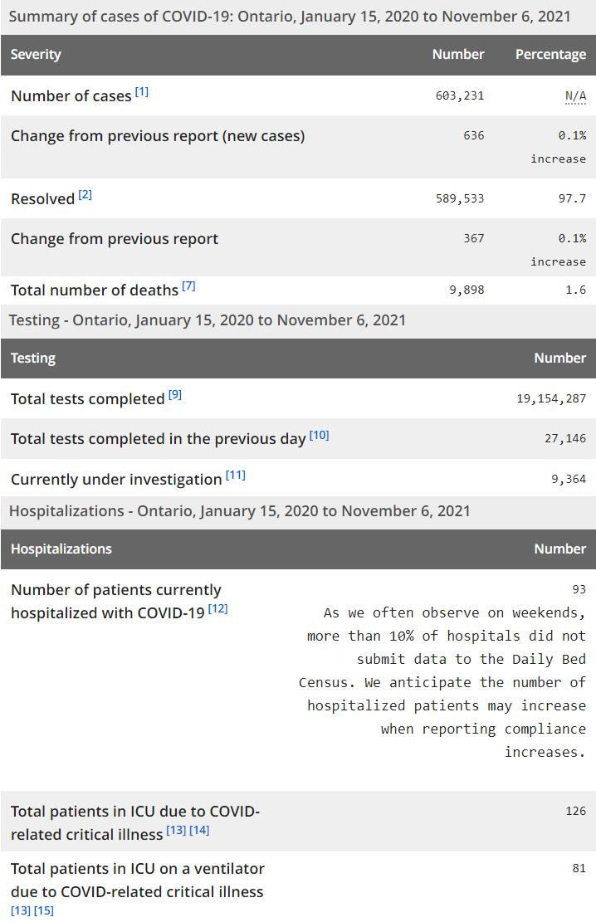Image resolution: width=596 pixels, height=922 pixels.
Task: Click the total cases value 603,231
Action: (x=459, y=95)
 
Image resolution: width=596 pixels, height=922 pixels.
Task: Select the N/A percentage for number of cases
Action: (x=575, y=95)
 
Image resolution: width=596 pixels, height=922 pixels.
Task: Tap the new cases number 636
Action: (x=473, y=135)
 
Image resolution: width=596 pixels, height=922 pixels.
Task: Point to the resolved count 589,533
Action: (x=459, y=198)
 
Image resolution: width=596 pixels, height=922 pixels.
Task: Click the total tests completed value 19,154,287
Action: (x=551, y=398)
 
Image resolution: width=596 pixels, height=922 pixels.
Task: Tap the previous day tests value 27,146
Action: (x=564, y=438)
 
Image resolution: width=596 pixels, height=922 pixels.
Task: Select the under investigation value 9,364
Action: (x=568, y=479)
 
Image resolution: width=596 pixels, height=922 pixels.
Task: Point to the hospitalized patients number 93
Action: (x=579, y=589)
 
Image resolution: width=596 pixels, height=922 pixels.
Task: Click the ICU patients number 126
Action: (x=575, y=811)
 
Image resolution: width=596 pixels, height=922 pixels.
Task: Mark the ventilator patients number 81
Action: (x=579, y=868)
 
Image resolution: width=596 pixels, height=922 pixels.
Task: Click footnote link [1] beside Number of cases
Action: (x=142, y=92)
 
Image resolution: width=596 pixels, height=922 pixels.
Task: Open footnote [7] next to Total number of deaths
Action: (x=188, y=286)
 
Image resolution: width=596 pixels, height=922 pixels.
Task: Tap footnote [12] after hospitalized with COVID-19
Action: (x=217, y=609)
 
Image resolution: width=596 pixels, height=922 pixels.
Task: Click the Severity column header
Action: (x=36, y=55)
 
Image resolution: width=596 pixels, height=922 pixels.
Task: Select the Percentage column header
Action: (x=550, y=55)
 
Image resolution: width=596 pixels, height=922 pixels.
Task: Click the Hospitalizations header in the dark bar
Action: (x=61, y=549)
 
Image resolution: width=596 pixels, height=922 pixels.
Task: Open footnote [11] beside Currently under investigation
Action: (x=235, y=476)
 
